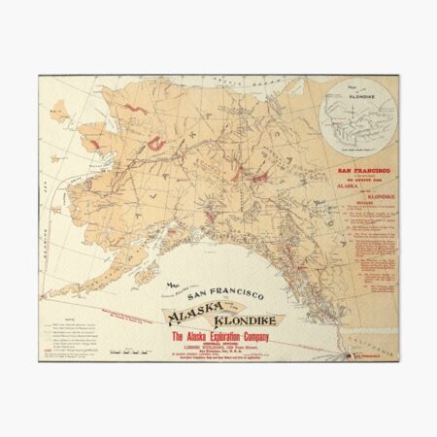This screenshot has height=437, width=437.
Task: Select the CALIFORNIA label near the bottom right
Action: (377, 344)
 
